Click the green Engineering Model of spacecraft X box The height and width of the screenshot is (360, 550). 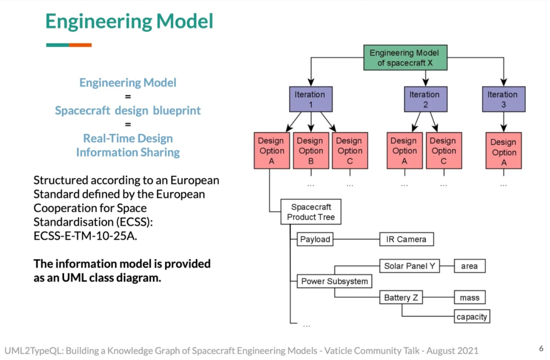pos(405,57)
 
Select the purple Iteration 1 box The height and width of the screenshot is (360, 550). pos(310,99)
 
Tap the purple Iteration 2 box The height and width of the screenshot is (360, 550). pos(425,99)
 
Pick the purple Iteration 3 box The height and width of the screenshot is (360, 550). pos(503,99)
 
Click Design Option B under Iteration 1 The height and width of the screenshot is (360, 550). pos(311,151)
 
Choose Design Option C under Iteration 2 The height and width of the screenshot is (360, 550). pos(443,151)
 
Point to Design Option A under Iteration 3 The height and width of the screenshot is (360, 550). pos(503,151)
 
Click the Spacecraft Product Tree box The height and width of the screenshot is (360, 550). pos(311,212)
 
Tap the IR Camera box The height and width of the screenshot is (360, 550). pos(406,239)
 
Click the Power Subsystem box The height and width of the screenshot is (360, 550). pos(334,281)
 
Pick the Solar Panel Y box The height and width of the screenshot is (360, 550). pos(410,266)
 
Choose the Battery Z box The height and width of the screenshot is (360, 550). pos(401,298)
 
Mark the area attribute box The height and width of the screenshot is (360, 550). pos(469,266)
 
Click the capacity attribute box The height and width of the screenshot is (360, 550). pos(472,317)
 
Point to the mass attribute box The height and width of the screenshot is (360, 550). pos(469,298)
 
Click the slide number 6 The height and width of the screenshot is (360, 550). pos(541,348)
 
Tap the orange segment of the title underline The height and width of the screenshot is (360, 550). pos(80,45)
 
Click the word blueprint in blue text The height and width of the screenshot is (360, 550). pos(177,111)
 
